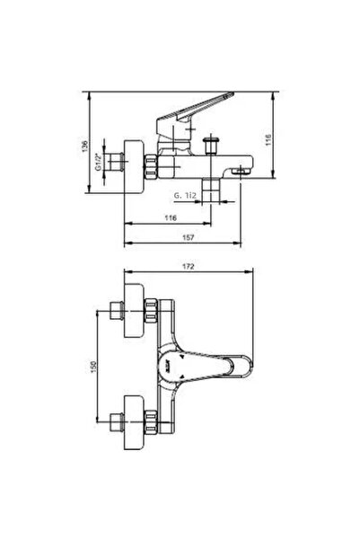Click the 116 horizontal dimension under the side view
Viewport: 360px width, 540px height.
coord(170,217)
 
